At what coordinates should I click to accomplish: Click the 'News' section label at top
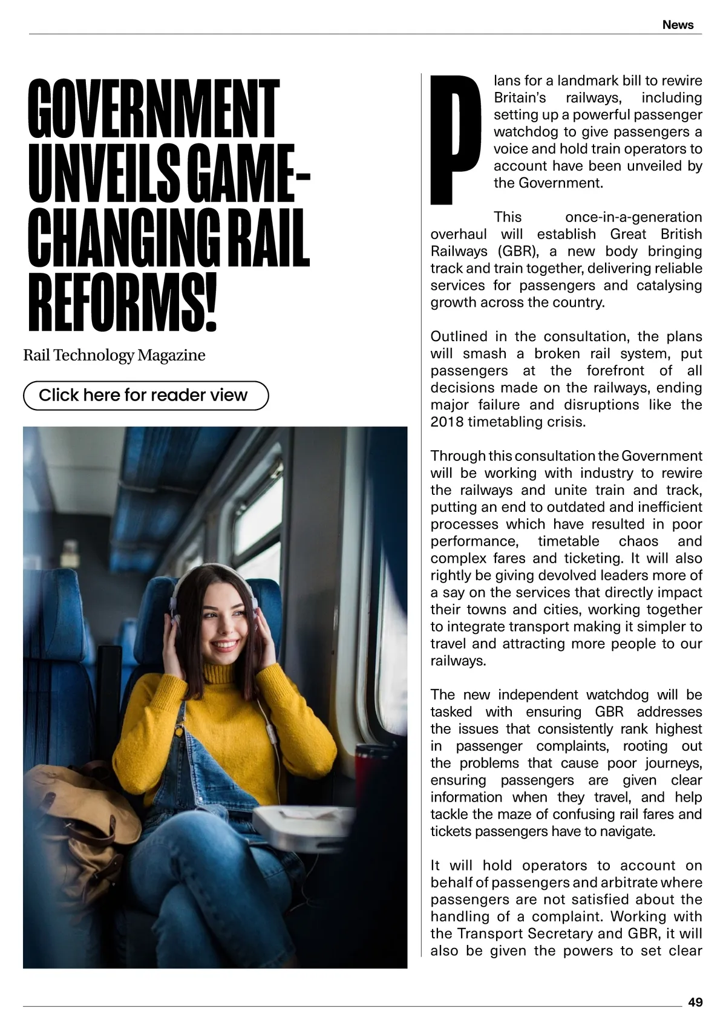pos(678,25)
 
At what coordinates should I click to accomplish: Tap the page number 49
pos(695,1002)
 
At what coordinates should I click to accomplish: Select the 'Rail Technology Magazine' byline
pos(114,355)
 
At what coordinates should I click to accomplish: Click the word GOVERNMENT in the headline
pos(153,109)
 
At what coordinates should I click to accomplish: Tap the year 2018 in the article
pos(446,422)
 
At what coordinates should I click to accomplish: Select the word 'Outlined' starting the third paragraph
pos(459,337)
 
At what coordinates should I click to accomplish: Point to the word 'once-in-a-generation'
pos(633,217)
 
